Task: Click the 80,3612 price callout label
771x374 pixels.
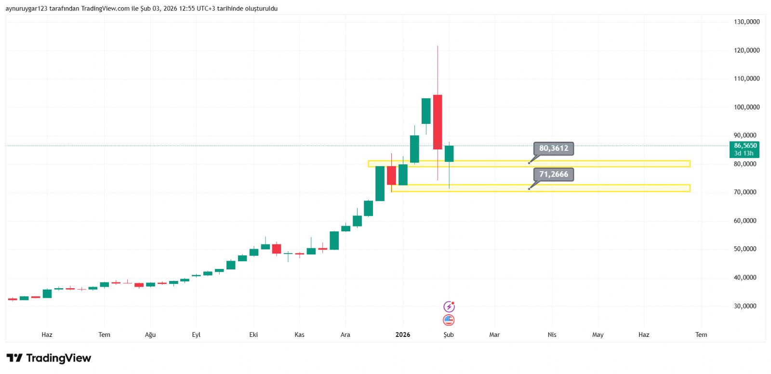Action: [x=553, y=148]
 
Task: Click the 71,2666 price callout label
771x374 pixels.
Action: [x=553, y=174]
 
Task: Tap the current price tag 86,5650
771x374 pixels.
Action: [x=745, y=149]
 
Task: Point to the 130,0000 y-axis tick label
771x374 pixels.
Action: [x=746, y=22]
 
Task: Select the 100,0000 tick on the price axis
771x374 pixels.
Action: [x=746, y=107]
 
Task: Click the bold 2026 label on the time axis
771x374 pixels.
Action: [x=402, y=334]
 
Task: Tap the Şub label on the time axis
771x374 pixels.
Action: [x=449, y=334]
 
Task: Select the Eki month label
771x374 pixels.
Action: [x=253, y=334]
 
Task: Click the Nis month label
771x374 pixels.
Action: [x=552, y=334]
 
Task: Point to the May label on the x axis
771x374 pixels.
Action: [x=598, y=334]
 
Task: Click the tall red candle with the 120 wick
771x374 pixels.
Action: [x=438, y=122]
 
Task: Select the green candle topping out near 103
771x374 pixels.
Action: [x=426, y=111]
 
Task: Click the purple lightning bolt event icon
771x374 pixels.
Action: [x=449, y=307]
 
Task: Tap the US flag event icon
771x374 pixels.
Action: [x=449, y=320]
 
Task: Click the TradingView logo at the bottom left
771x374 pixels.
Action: [x=49, y=358]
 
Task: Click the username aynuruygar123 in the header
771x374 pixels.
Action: [x=27, y=9]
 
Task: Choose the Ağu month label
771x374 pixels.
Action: [x=150, y=334]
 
